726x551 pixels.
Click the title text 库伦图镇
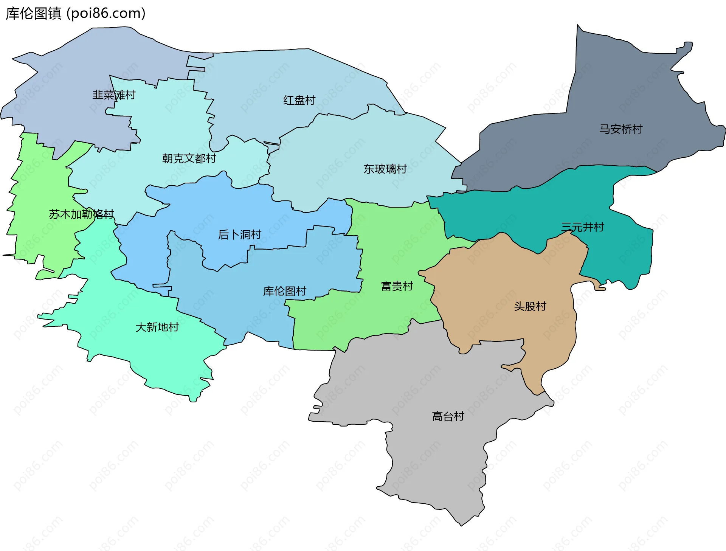click(x=33, y=14)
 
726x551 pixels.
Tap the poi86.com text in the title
click(x=106, y=14)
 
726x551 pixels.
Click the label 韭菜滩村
click(x=114, y=95)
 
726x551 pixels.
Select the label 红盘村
click(x=299, y=100)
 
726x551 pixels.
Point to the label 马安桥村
click(x=621, y=129)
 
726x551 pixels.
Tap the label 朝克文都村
click(x=189, y=158)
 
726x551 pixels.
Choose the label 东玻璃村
click(x=385, y=169)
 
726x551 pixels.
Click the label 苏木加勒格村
click(x=81, y=214)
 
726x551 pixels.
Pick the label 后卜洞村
click(x=239, y=234)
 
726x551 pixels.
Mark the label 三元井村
click(x=582, y=227)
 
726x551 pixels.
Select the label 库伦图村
click(x=284, y=291)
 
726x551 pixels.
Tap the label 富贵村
click(x=397, y=286)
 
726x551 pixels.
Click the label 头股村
click(x=530, y=306)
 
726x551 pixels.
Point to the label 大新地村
click(x=157, y=327)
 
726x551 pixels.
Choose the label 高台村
click(x=448, y=416)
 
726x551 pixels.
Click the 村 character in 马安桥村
click(x=637, y=129)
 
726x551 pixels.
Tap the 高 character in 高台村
click(x=437, y=416)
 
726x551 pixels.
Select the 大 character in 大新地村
click(x=141, y=327)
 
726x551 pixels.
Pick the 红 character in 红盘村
click(x=289, y=100)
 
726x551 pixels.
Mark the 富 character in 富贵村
click(x=386, y=286)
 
